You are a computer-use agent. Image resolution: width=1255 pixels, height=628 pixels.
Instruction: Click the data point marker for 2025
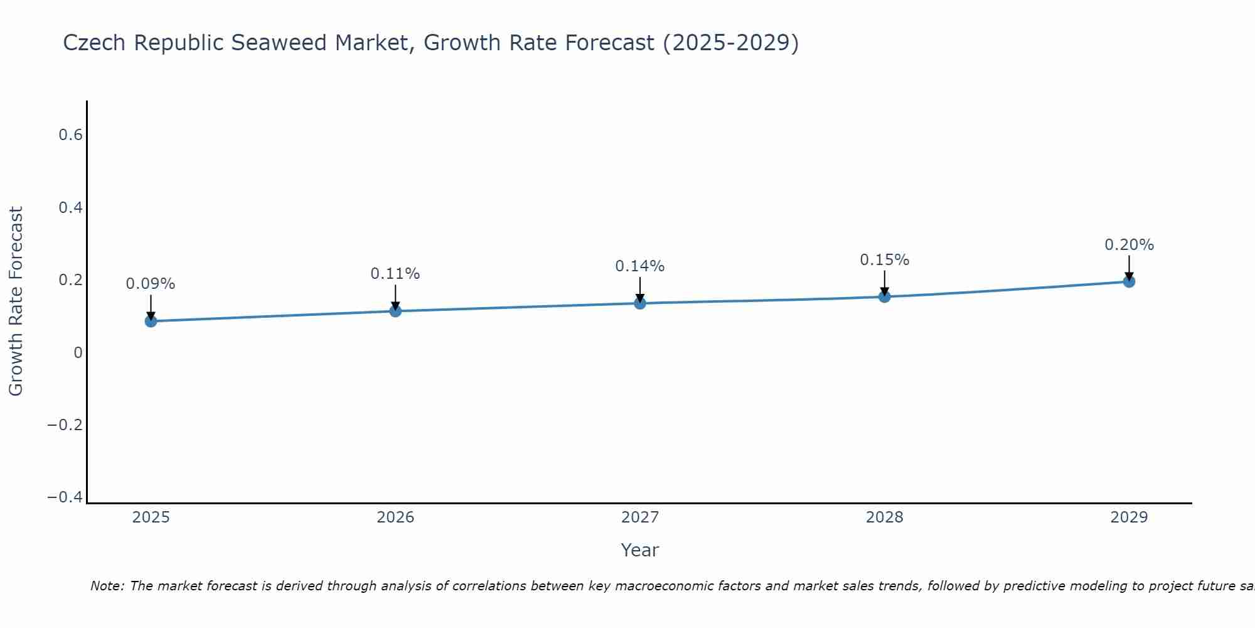[151, 321]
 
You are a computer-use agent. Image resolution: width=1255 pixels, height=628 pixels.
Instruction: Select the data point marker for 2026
[395, 311]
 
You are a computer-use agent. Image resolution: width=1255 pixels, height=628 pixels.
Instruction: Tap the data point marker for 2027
[640, 303]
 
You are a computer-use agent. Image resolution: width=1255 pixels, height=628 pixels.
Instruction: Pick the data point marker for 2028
[884, 296]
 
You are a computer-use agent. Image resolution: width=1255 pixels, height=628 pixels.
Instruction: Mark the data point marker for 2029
[1129, 281]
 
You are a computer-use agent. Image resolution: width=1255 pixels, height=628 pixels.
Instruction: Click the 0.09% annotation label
[151, 284]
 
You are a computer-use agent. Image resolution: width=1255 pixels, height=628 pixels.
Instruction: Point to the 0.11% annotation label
[395, 274]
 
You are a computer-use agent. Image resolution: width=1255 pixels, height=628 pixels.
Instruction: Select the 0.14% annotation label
[640, 266]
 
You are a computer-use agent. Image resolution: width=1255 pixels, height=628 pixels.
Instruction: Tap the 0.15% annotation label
[884, 260]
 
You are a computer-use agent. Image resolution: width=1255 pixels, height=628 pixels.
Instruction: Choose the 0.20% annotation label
[1129, 245]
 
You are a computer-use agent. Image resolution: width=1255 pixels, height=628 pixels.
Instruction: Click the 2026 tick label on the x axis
[395, 517]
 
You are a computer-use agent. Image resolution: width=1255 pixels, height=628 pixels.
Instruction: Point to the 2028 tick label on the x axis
[884, 517]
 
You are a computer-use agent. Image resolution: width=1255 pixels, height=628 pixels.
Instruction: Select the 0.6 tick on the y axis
[71, 135]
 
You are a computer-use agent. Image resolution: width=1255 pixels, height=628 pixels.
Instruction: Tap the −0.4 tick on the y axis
[65, 497]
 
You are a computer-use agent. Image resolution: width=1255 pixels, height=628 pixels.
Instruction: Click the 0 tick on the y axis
[78, 353]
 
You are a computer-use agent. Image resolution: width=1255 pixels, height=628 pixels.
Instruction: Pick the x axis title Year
[639, 550]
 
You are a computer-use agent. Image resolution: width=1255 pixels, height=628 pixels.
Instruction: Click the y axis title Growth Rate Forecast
[16, 301]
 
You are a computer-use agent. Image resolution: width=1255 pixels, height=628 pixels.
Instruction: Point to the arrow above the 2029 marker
[1129, 267]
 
